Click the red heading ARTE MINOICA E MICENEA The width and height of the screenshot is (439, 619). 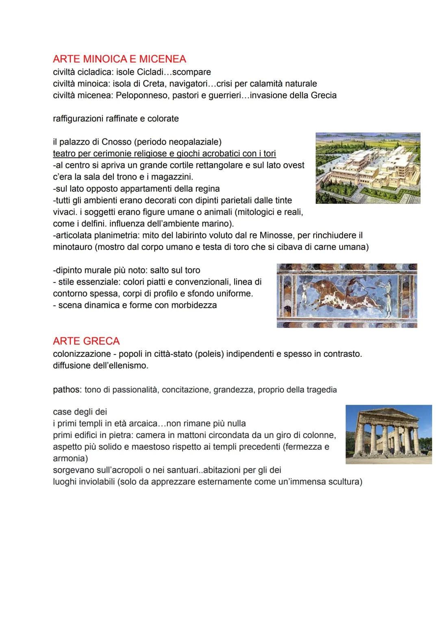[120, 59]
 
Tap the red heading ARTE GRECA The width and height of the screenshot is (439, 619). [86, 341]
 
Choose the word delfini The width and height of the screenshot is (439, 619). [92, 224]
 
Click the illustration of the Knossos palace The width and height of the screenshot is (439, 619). [368, 168]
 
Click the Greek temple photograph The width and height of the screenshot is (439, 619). [389, 434]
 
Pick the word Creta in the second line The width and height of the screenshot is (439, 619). [154, 84]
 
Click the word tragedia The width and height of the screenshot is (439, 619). [322, 390]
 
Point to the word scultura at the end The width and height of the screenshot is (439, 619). [345, 482]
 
